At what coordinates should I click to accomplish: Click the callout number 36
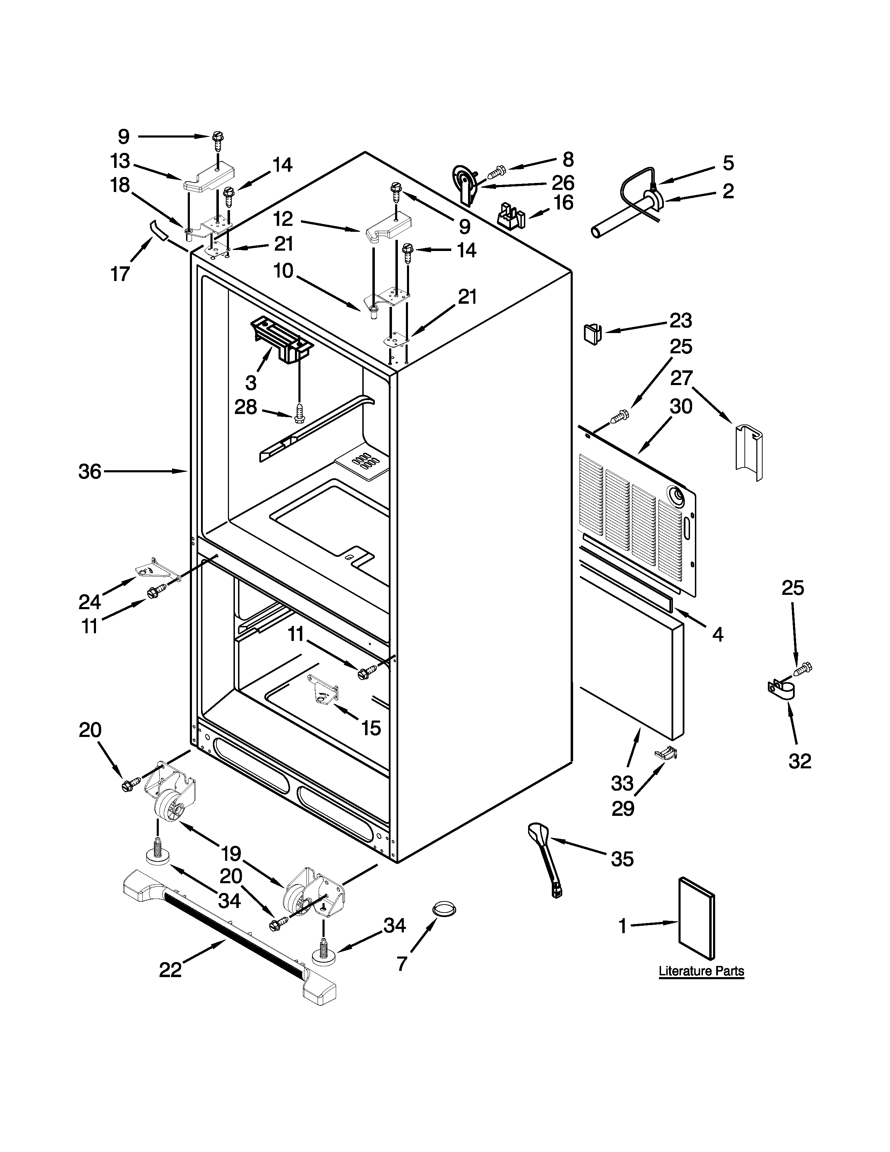(x=90, y=471)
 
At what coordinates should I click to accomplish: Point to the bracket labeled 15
(x=323, y=688)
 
